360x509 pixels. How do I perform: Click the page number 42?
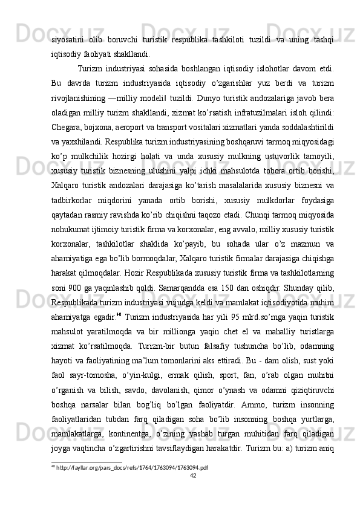194,475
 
